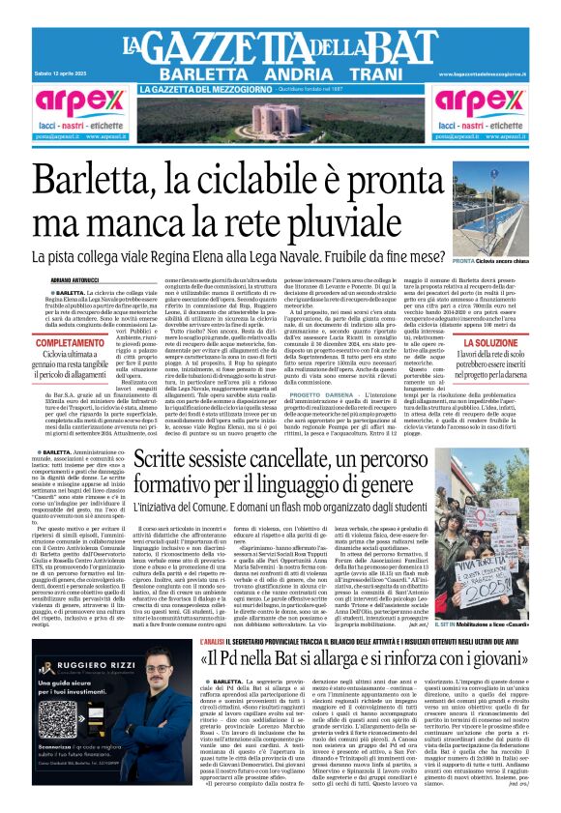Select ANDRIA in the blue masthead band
pyautogui.click(x=289, y=74)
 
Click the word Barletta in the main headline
pyautogui.click(x=107, y=184)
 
